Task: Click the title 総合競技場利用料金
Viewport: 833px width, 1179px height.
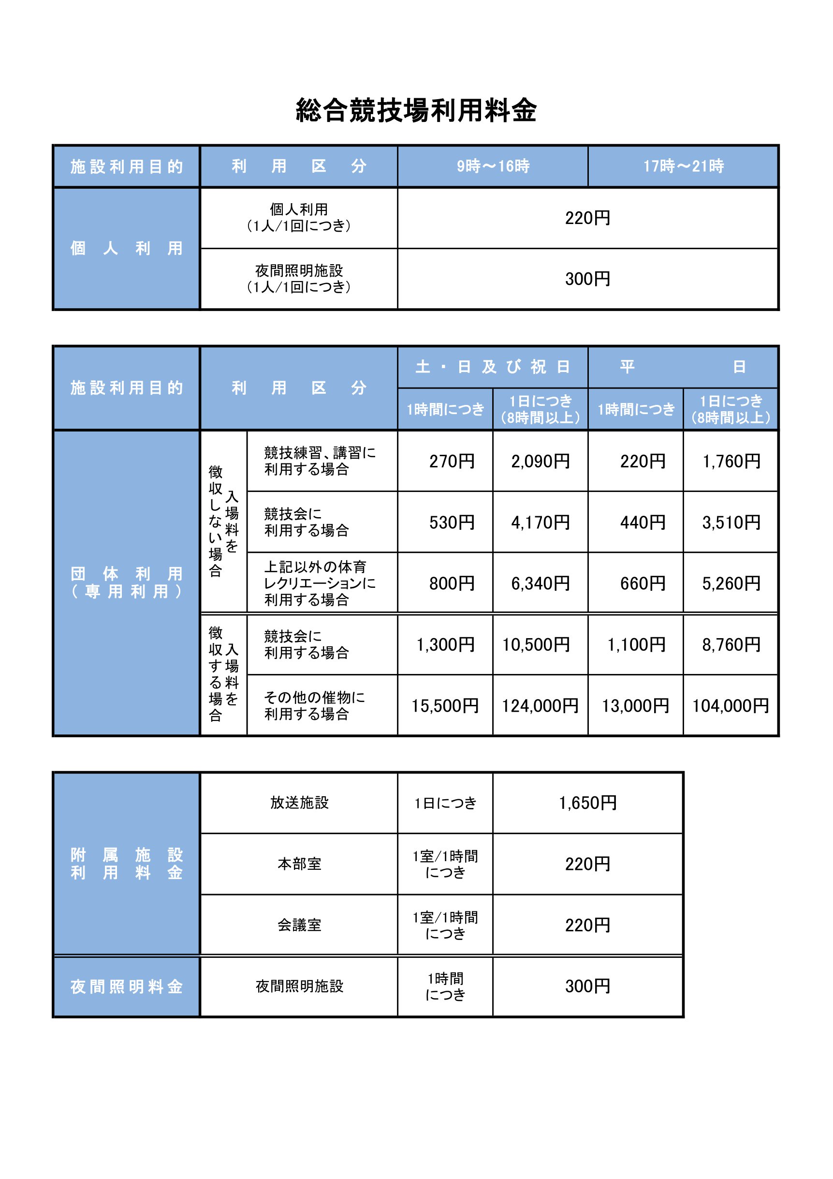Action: pyautogui.click(x=416, y=110)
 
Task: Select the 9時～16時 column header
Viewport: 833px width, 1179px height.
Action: pyautogui.click(x=493, y=166)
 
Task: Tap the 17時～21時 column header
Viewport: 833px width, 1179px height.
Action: pyautogui.click(x=683, y=166)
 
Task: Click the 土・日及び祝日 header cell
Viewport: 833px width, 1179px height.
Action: pyautogui.click(x=493, y=367)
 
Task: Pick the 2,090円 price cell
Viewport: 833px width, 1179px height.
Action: pyautogui.click(x=541, y=461)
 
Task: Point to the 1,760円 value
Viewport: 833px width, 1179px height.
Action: pyautogui.click(x=731, y=461)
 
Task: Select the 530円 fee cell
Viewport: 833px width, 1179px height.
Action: pyautogui.click(x=452, y=522)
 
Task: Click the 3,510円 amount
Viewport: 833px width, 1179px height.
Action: pyautogui.click(x=731, y=522)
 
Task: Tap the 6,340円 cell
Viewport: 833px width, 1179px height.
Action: pyautogui.click(x=541, y=583)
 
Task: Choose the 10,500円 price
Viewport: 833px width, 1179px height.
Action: pyautogui.click(x=536, y=644)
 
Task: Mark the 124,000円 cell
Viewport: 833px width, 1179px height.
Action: pyautogui.click(x=540, y=705)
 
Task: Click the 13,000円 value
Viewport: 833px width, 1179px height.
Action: pyautogui.click(x=635, y=705)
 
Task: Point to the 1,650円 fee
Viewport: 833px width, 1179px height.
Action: pyautogui.click(x=588, y=803)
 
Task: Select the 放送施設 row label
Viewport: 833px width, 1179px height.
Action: pyautogui.click(x=299, y=803)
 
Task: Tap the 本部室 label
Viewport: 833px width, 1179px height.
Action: pyautogui.click(x=299, y=864)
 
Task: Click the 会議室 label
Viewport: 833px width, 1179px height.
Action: pyautogui.click(x=299, y=925)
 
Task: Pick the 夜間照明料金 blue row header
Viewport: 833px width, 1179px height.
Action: pyautogui.click(x=126, y=986)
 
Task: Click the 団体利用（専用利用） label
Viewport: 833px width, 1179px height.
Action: pyautogui.click(x=126, y=582)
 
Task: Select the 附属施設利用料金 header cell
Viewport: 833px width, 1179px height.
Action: pyautogui.click(x=126, y=863)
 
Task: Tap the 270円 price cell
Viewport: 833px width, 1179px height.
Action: pyautogui.click(x=452, y=461)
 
